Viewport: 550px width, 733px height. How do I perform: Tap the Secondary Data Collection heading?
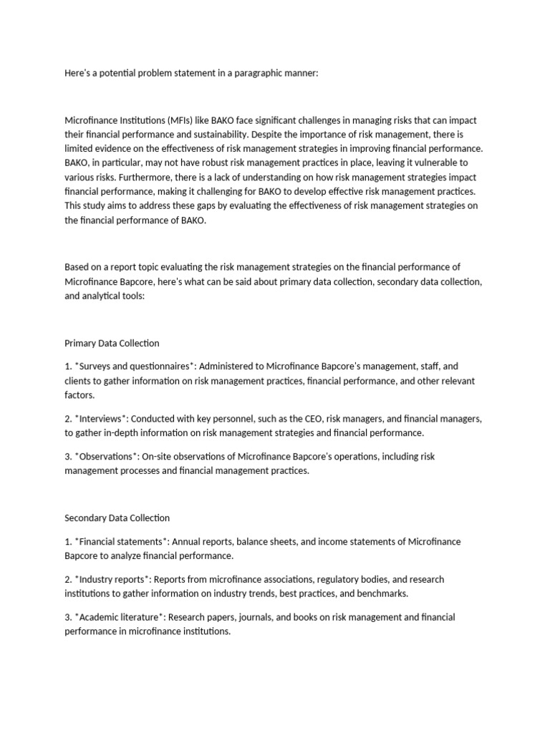click(117, 517)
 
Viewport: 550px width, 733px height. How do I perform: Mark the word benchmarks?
click(383, 593)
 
